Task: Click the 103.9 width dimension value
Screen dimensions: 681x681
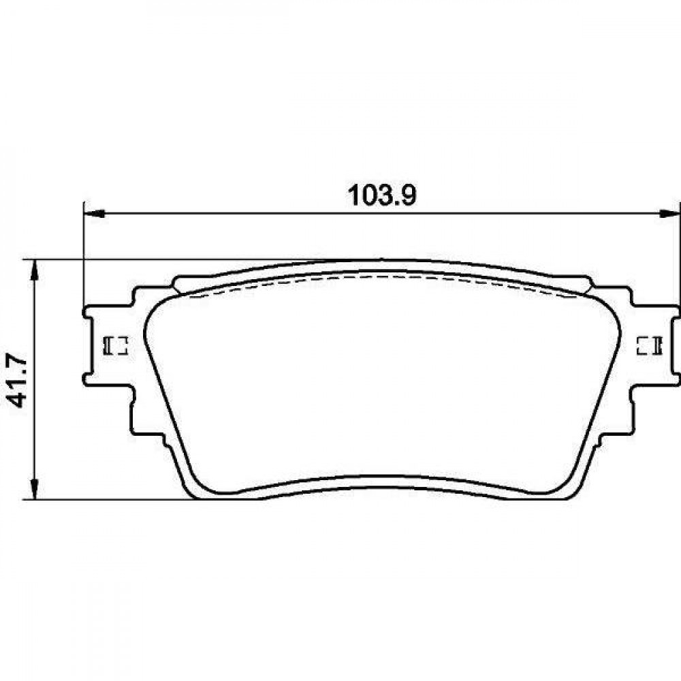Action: click(382, 196)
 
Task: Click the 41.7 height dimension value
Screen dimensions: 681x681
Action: click(18, 381)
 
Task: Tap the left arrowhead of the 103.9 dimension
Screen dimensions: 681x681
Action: click(94, 214)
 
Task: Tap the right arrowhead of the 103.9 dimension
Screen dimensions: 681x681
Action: click(669, 214)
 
